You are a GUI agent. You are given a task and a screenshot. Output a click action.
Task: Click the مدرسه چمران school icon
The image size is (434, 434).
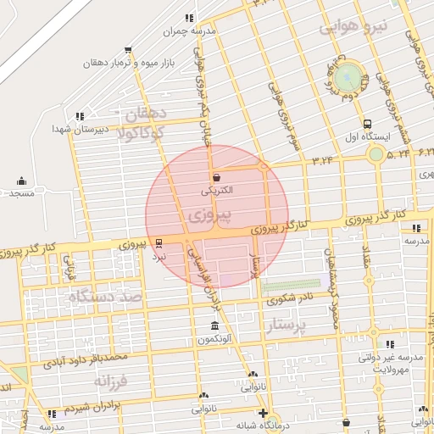pos(189,18)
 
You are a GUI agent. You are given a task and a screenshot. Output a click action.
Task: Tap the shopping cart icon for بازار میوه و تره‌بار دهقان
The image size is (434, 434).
pos(128,50)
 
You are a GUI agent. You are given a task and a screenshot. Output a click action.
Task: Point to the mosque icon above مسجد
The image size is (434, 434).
pos(21,181)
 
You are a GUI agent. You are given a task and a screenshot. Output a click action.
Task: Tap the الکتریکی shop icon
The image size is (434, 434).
pos(218,178)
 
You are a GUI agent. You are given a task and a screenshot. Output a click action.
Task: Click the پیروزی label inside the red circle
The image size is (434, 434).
pos(201,215)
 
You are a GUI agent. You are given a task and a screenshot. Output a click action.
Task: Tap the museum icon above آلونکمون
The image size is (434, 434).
pos(213,326)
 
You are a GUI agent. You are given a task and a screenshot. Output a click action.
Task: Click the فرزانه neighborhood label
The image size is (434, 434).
pos(111,381)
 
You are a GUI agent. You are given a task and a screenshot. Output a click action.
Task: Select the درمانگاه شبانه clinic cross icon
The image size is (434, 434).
pos(264,413)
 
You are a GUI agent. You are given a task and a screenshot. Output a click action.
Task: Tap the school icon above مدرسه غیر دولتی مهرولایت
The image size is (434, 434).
pos(390,344)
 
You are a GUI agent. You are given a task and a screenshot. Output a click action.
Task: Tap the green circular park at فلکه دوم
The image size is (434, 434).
pos(348,78)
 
